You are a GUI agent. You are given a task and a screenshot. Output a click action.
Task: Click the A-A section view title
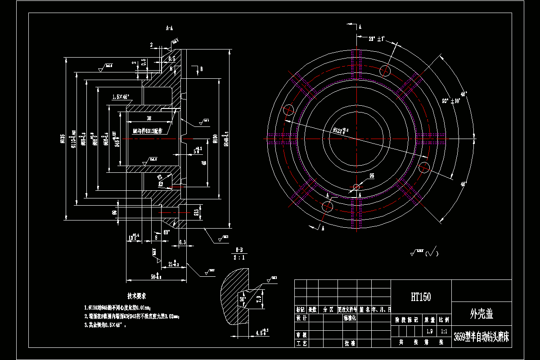169,28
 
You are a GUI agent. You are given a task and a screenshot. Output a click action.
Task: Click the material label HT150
420,297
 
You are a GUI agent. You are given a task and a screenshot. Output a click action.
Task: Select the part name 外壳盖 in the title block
481,314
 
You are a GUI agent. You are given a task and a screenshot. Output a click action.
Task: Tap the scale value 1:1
444,331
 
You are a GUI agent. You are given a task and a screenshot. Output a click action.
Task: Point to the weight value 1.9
429,331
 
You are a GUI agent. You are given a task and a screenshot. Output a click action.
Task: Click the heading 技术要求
136,297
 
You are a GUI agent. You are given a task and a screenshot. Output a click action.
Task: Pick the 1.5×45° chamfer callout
121,97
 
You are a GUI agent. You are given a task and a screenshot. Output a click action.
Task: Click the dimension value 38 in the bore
148,118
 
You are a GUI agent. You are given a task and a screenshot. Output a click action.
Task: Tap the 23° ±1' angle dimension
375,39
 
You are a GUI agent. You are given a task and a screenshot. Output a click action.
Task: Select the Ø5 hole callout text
372,176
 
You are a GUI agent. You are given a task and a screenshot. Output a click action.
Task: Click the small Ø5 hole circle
356,187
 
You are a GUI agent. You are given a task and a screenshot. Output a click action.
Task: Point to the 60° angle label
166,233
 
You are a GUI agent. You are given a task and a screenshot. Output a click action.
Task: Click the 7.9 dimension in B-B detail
258,299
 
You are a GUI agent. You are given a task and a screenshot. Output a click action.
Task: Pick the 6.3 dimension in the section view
183,243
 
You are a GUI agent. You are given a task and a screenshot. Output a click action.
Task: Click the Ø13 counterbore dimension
196,212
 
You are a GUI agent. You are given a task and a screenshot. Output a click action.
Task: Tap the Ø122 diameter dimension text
340,131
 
